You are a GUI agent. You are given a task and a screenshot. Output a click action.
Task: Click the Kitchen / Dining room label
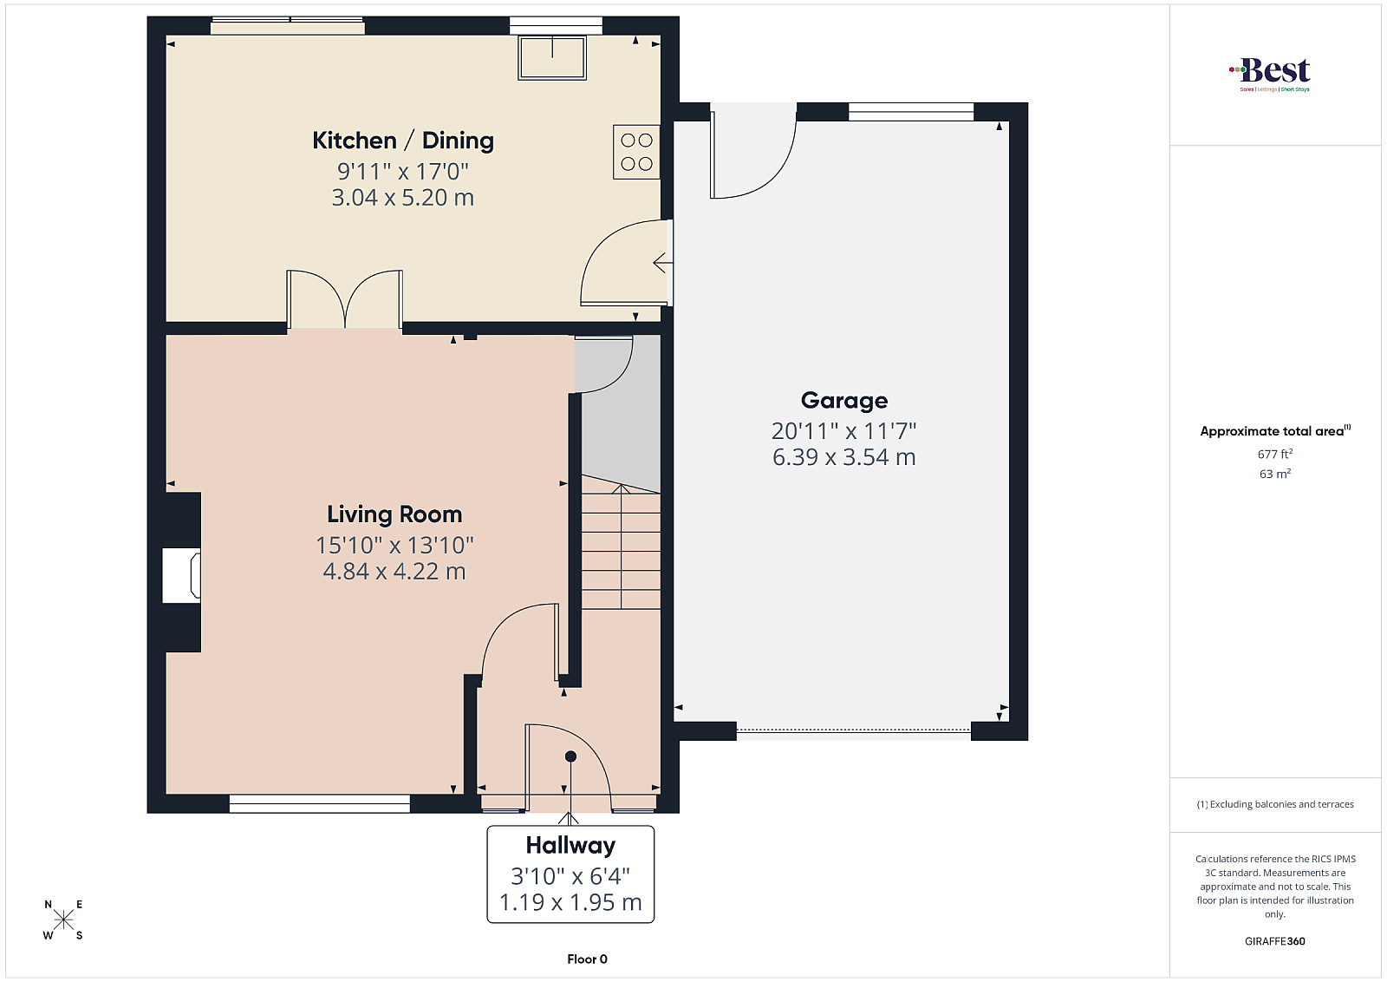403,141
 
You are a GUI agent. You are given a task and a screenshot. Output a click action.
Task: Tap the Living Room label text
394,514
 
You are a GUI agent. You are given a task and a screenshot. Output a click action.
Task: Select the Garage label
844,400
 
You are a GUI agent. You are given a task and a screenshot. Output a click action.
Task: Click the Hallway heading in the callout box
570,845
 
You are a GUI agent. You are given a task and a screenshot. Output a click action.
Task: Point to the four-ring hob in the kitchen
636,152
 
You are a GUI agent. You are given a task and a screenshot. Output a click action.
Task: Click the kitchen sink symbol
552,57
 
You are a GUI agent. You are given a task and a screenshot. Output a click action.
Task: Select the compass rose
63,920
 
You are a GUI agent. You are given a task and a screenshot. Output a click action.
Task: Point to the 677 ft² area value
1275,455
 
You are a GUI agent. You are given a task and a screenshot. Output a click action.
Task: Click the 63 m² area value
1275,474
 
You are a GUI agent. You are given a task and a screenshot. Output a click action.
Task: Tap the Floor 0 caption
587,959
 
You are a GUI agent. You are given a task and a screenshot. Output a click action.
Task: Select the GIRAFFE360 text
1275,941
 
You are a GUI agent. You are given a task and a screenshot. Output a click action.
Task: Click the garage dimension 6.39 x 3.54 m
844,457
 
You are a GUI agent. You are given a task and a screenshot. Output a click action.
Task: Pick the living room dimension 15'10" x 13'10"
394,545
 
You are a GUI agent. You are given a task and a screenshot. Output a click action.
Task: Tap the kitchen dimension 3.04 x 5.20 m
403,198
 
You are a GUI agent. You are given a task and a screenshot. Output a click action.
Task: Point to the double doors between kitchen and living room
345,298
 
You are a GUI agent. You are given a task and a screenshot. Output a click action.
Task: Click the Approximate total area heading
1275,431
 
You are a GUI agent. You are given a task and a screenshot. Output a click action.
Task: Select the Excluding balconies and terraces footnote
1275,804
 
